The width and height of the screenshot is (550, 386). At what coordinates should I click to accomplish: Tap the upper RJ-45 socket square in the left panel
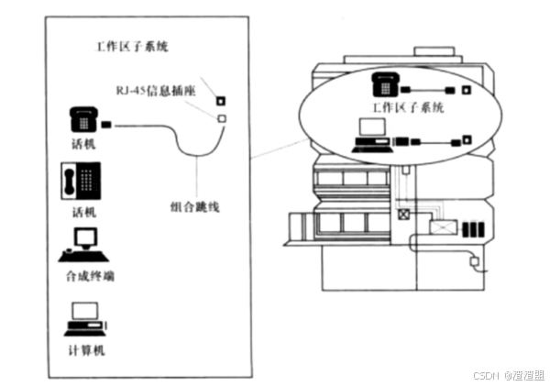pos(220,100)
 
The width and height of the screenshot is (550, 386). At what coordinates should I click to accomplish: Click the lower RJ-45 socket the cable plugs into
pos(221,118)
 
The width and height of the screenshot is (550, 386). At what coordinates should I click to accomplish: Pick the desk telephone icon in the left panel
pos(83,120)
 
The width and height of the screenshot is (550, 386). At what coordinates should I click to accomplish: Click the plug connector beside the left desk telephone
pos(107,124)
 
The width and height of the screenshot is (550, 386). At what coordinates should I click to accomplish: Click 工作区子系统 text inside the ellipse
pos(408,107)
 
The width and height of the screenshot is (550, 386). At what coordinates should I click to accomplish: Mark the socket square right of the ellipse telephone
pos(467,90)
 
